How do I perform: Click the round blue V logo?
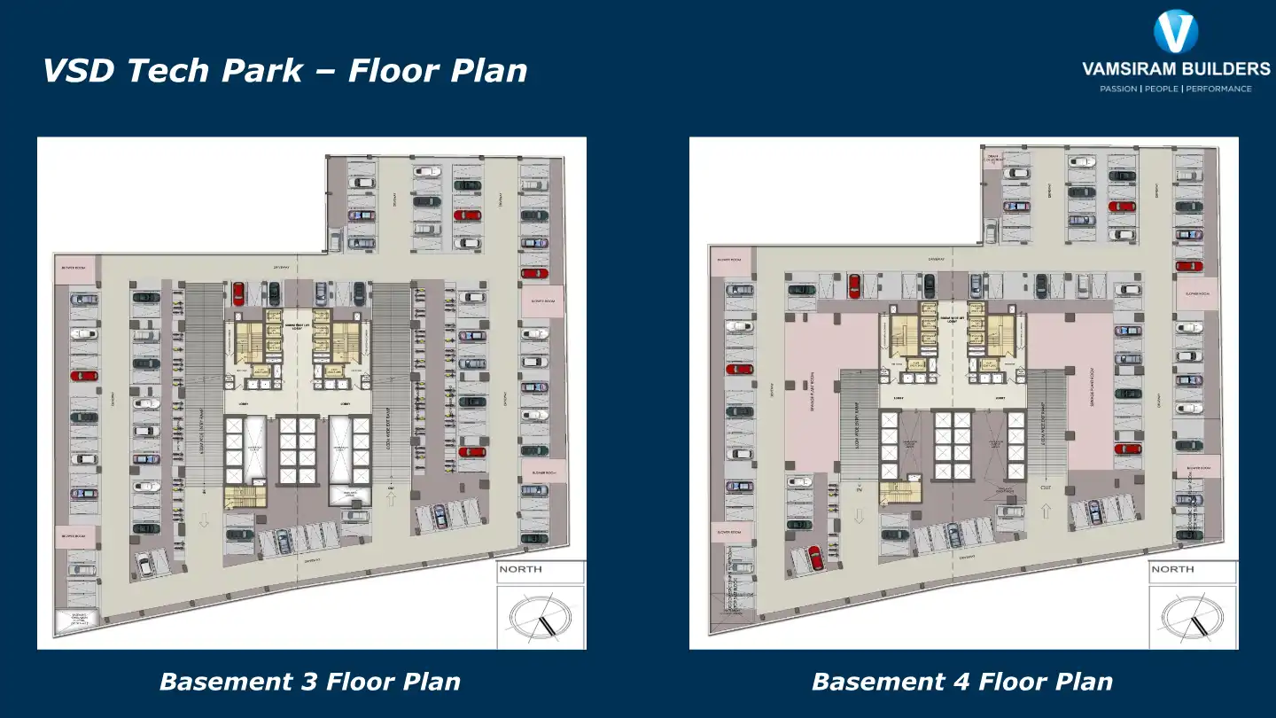coord(1176,32)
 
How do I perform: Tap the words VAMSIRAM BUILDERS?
coord(1176,69)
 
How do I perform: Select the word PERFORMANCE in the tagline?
coord(1218,89)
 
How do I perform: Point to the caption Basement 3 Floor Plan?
coord(309,682)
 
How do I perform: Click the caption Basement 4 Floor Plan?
coord(961,682)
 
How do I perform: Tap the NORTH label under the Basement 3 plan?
coord(520,569)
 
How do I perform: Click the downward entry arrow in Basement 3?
coord(204,520)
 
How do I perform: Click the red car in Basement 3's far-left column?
coord(83,376)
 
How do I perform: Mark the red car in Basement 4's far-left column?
coord(738,369)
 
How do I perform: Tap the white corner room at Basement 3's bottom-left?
coord(75,620)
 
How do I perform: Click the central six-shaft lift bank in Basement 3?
coord(298,450)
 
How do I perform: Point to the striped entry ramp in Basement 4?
coord(858,425)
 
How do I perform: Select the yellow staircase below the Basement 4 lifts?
coord(900,491)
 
